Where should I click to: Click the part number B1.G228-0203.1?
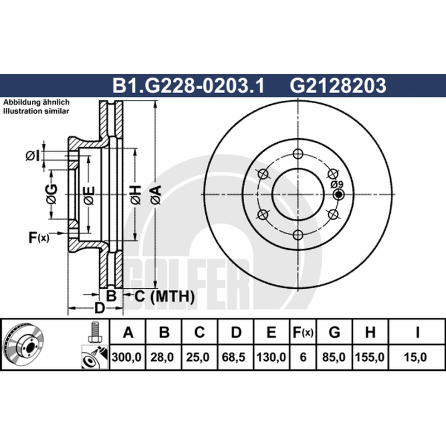[x=188, y=85]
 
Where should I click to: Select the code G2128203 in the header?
[x=338, y=85]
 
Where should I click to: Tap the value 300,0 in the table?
[x=127, y=357]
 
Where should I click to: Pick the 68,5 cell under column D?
[x=234, y=357]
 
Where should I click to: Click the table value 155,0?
[x=370, y=357]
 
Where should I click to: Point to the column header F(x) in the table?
[x=303, y=332]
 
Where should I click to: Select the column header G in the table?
[x=334, y=332]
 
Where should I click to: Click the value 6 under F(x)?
[x=303, y=357]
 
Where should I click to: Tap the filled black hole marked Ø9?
[x=338, y=195]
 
